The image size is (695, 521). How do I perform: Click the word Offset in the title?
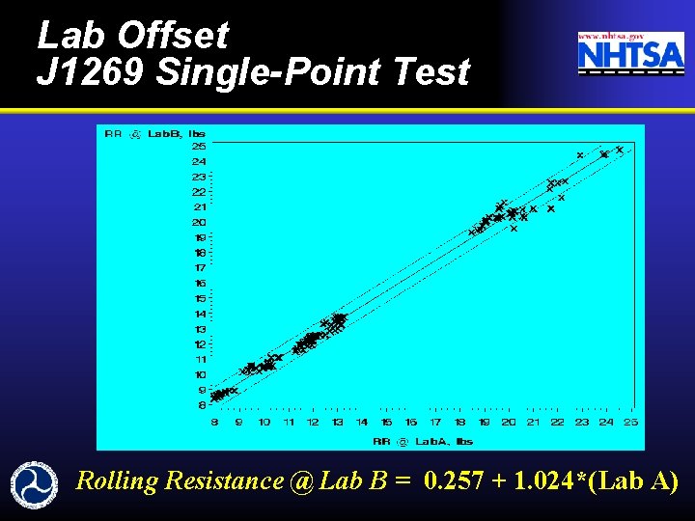click(173, 36)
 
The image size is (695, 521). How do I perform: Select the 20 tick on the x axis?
click(509, 423)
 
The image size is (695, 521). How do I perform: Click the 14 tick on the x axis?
click(362, 423)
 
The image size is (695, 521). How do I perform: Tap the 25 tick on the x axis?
click(630, 423)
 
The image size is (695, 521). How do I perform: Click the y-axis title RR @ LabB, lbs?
click(154, 133)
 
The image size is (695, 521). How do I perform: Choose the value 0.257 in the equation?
click(452, 480)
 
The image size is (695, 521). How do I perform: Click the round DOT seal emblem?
click(35, 482)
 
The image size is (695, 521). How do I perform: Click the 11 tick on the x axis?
click(289, 423)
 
